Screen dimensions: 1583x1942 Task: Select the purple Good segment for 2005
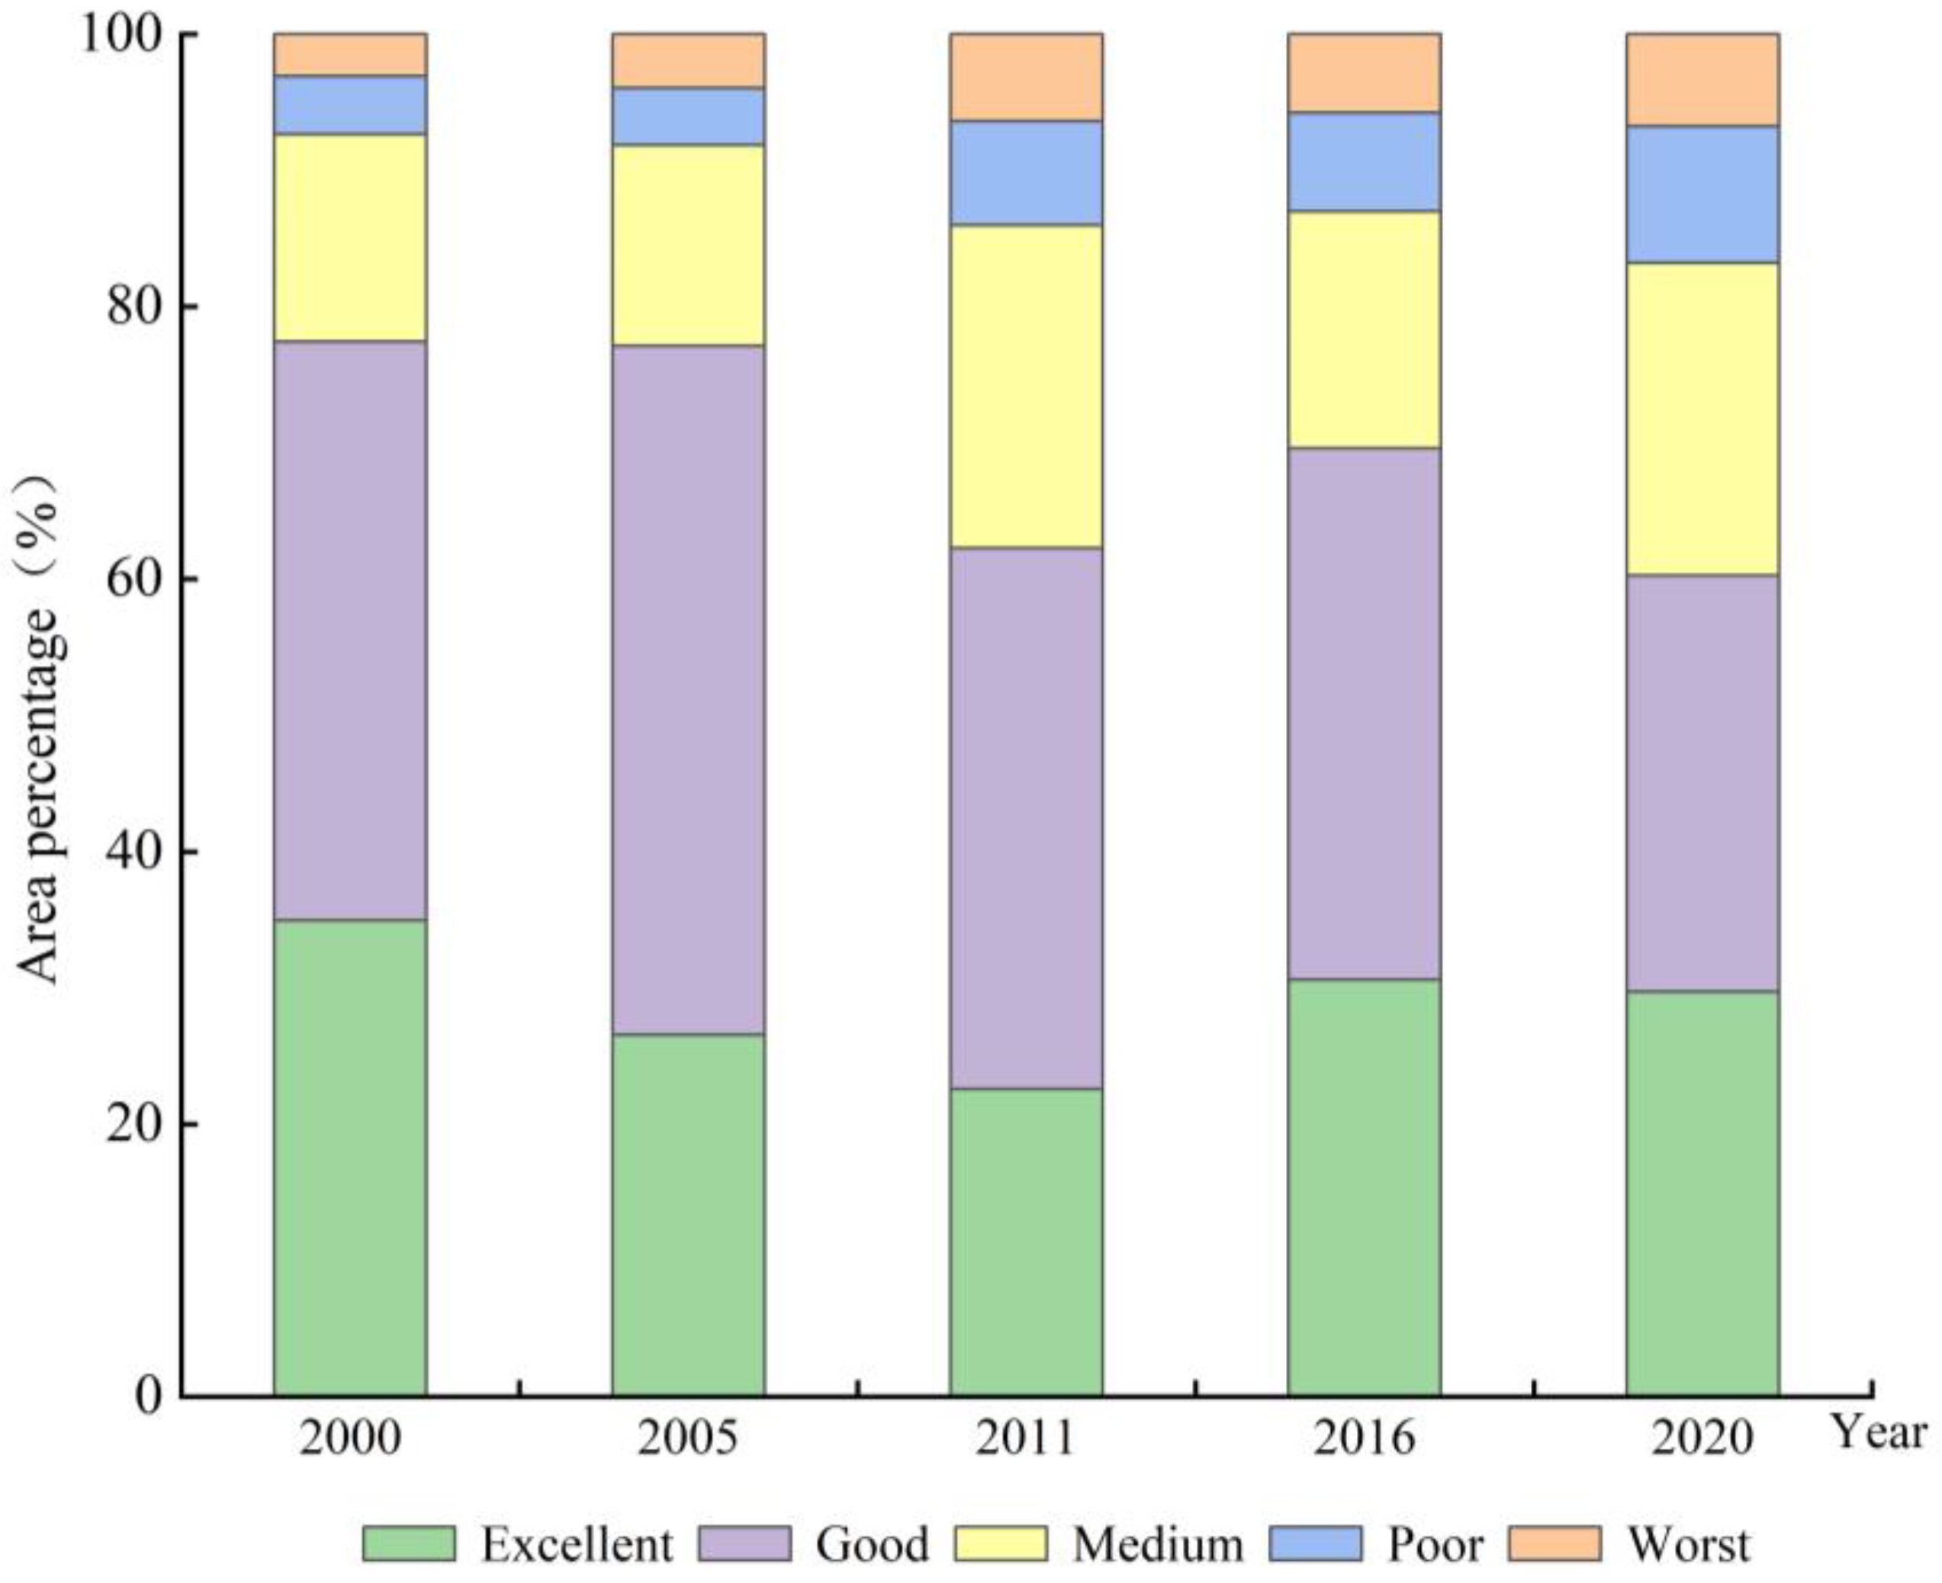coord(688,689)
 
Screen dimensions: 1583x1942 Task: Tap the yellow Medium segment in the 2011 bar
coord(1025,386)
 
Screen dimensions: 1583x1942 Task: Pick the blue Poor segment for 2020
coord(1702,194)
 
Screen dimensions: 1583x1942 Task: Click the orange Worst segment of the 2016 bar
coord(1364,73)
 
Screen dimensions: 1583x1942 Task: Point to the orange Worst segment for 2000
coord(349,55)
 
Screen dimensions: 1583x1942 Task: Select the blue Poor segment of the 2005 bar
coord(688,116)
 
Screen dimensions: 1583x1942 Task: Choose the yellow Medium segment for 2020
coord(1702,419)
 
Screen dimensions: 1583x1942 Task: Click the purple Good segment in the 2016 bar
coord(1364,713)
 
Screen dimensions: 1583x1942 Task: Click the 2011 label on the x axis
coord(1025,1438)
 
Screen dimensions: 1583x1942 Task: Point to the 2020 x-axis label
coord(1702,1438)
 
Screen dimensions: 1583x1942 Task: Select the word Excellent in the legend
coord(577,1544)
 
